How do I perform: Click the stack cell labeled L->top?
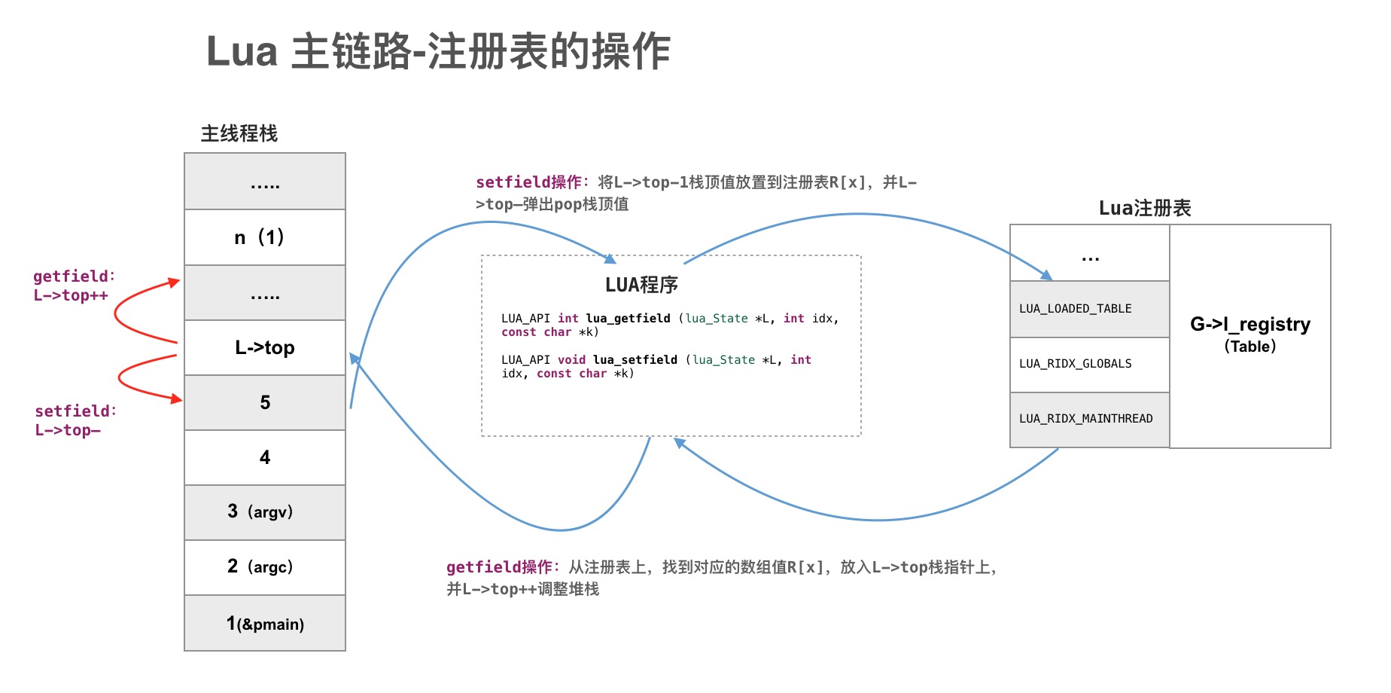265,347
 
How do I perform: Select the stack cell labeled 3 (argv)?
265,512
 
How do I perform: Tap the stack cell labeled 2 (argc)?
265,567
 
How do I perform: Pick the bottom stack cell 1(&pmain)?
265,624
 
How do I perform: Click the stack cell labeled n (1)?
265,237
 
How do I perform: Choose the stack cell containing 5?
265,402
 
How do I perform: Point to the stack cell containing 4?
265,457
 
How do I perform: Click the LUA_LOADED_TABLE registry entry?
1089,309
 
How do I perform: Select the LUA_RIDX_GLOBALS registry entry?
1089,364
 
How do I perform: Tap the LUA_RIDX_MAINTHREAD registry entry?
1089,419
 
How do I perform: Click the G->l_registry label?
1249,325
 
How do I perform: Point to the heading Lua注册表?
1144,208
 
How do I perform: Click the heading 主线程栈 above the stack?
239,134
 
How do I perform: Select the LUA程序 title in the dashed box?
641,285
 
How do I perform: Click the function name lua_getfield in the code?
628,319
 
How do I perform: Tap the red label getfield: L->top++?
73,286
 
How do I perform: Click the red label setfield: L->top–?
75,420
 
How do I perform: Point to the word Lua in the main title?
242,52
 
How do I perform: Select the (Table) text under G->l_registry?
1249,346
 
